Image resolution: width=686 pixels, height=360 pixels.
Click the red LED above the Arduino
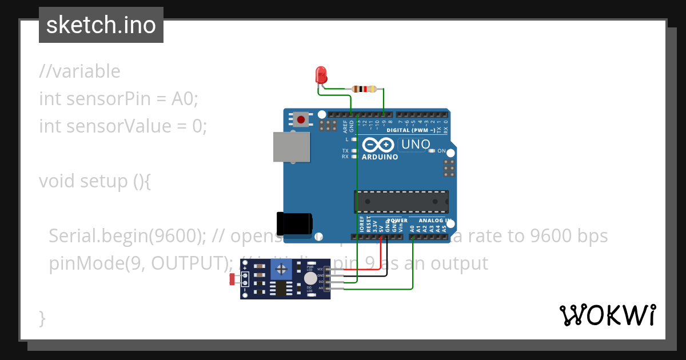coord(321,74)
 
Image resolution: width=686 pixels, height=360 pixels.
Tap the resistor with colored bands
coord(365,89)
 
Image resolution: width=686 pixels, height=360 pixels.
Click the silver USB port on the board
coord(290,147)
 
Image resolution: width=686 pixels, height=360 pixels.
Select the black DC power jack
coord(294,222)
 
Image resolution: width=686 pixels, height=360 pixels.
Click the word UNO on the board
coord(416,145)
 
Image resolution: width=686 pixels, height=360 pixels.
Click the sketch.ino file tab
coord(101,25)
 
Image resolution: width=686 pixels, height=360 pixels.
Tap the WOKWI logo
coord(607,315)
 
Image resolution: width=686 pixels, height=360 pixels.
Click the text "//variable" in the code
coord(79,71)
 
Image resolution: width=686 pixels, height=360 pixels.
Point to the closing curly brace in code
coord(42,317)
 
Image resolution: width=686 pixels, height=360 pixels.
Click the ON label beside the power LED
coord(441,151)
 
